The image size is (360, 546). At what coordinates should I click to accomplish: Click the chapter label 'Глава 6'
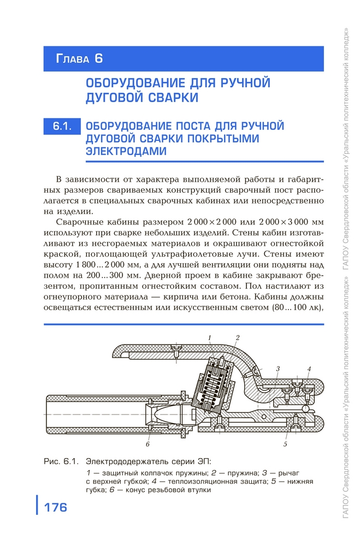pos(79,58)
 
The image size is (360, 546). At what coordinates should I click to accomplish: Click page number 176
pos(55,507)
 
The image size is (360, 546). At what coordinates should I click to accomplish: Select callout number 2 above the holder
pos(238,337)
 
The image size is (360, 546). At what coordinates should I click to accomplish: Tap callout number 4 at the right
pos(309,370)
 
